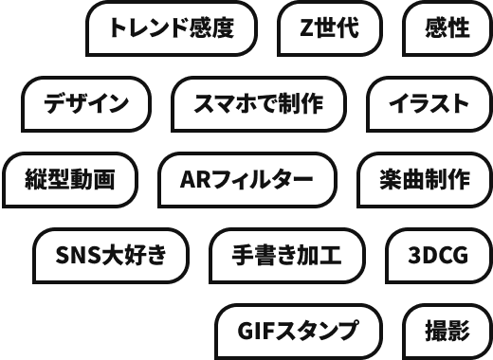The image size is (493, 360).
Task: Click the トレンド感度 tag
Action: (x=172, y=28)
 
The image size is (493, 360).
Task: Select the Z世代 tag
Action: (x=330, y=28)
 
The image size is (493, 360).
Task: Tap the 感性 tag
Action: (x=447, y=28)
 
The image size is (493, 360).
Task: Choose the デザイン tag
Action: (x=86, y=104)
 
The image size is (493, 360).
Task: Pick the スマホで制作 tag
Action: (x=259, y=104)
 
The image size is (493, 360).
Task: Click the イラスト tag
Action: (x=429, y=104)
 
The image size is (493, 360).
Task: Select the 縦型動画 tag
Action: (x=70, y=180)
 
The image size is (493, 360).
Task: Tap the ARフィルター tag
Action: (x=247, y=180)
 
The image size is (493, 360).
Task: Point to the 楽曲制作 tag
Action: (x=425, y=180)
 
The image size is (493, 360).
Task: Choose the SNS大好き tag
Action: (x=111, y=256)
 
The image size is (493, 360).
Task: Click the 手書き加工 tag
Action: (x=287, y=256)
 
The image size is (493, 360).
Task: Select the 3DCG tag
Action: (x=439, y=256)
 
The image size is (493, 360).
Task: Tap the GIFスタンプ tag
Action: (x=299, y=332)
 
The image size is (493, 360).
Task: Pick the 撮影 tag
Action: (x=447, y=332)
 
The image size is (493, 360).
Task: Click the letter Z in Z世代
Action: (x=307, y=27)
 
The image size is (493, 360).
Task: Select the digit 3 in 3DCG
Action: (x=414, y=255)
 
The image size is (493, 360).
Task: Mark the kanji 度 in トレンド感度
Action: (x=223, y=27)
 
